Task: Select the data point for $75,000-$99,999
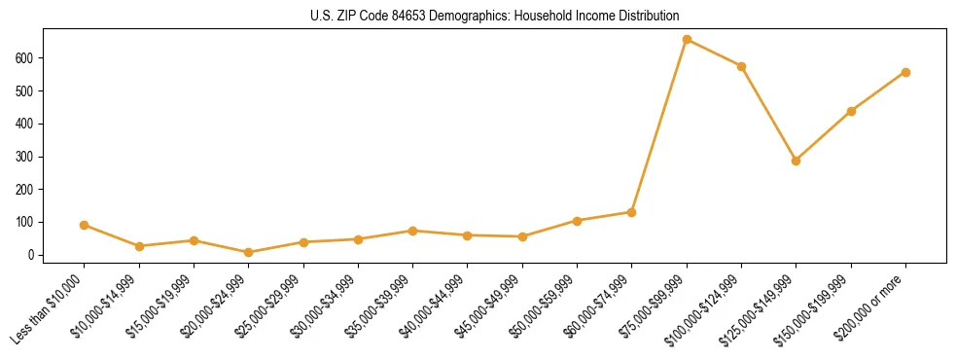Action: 687,40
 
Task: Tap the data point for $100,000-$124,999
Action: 741,66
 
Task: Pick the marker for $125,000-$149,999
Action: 796,161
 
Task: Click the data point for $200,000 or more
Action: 905,72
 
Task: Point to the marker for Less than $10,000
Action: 85,225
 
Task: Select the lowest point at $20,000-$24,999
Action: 249,252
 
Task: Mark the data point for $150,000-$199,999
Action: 851,111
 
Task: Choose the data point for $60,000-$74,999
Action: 632,212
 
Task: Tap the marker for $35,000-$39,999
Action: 412,231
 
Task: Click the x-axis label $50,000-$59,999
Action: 543,309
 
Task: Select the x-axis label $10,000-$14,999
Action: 105,309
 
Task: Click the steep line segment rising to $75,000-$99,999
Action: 659,126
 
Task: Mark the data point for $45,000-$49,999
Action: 522,236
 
